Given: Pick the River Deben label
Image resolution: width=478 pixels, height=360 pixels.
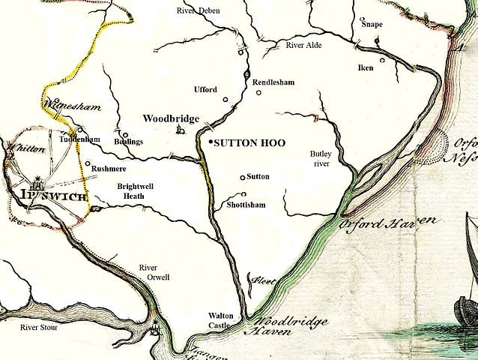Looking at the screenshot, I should click(199, 10).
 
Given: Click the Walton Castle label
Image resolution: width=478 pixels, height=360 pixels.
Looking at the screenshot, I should click(224, 320).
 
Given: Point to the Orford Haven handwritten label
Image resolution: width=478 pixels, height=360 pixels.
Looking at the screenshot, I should click(387, 223).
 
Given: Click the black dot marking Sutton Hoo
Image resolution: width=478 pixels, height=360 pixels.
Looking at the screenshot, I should click(210, 142).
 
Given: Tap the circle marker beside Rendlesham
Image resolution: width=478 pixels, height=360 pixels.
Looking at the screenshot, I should click(259, 94).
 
